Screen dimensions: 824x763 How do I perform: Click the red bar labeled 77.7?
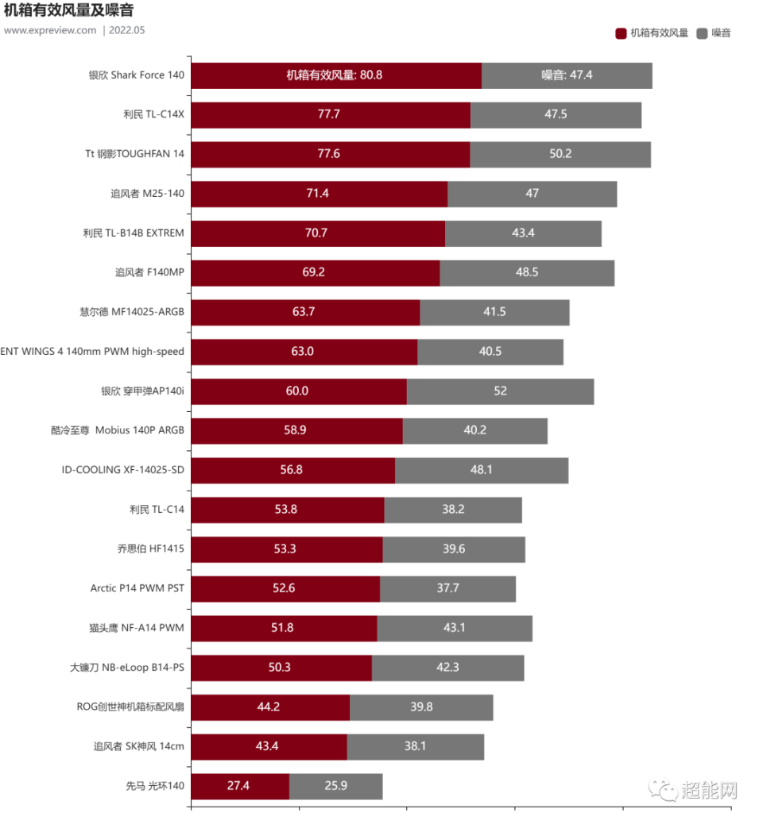pyautogui.click(x=331, y=114)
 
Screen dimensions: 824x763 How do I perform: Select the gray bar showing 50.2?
pyautogui.click(x=560, y=154)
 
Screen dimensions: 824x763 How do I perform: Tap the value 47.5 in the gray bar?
pyautogui.click(x=556, y=114)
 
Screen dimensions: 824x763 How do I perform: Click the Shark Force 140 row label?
pyautogui.click(x=137, y=75)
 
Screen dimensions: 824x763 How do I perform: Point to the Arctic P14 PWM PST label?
pyautogui.click(x=137, y=589)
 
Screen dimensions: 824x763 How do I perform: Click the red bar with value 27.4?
pyautogui.click(x=239, y=787)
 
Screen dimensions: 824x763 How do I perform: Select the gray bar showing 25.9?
pyautogui.click(x=336, y=787)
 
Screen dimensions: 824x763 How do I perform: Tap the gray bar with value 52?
pyautogui.click(x=501, y=391)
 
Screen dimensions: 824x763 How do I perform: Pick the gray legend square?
pyautogui.click(x=701, y=33)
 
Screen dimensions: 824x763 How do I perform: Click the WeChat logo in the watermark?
pyautogui.click(x=662, y=788)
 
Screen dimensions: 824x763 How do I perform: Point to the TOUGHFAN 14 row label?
pyautogui.click(x=134, y=154)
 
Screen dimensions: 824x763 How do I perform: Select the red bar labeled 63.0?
pyautogui.click(x=304, y=352)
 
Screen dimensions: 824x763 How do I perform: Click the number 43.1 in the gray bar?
pyautogui.click(x=454, y=628)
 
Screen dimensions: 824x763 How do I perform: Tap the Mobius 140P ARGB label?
pyautogui.click(x=118, y=430)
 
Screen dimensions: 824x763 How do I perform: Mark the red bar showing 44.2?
pyautogui.click(x=270, y=707)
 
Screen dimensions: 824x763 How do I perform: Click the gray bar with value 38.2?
pyautogui.click(x=453, y=510)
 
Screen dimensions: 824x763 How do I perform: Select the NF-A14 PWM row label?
pyautogui.click(x=137, y=628)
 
